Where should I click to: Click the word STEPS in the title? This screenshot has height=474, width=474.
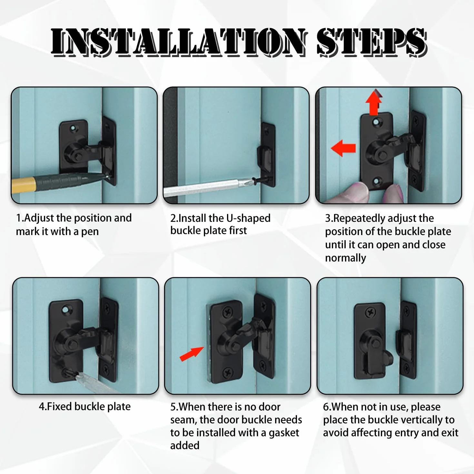(372, 42)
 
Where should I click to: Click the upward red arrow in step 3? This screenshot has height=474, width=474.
(374, 102)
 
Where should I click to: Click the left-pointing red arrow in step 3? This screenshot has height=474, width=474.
(343, 148)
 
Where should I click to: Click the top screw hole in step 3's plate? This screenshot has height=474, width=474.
(376, 122)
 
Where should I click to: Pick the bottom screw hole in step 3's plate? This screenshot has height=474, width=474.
(376, 182)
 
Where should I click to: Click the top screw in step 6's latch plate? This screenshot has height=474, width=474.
(370, 313)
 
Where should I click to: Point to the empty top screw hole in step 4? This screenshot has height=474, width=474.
(66, 310)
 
